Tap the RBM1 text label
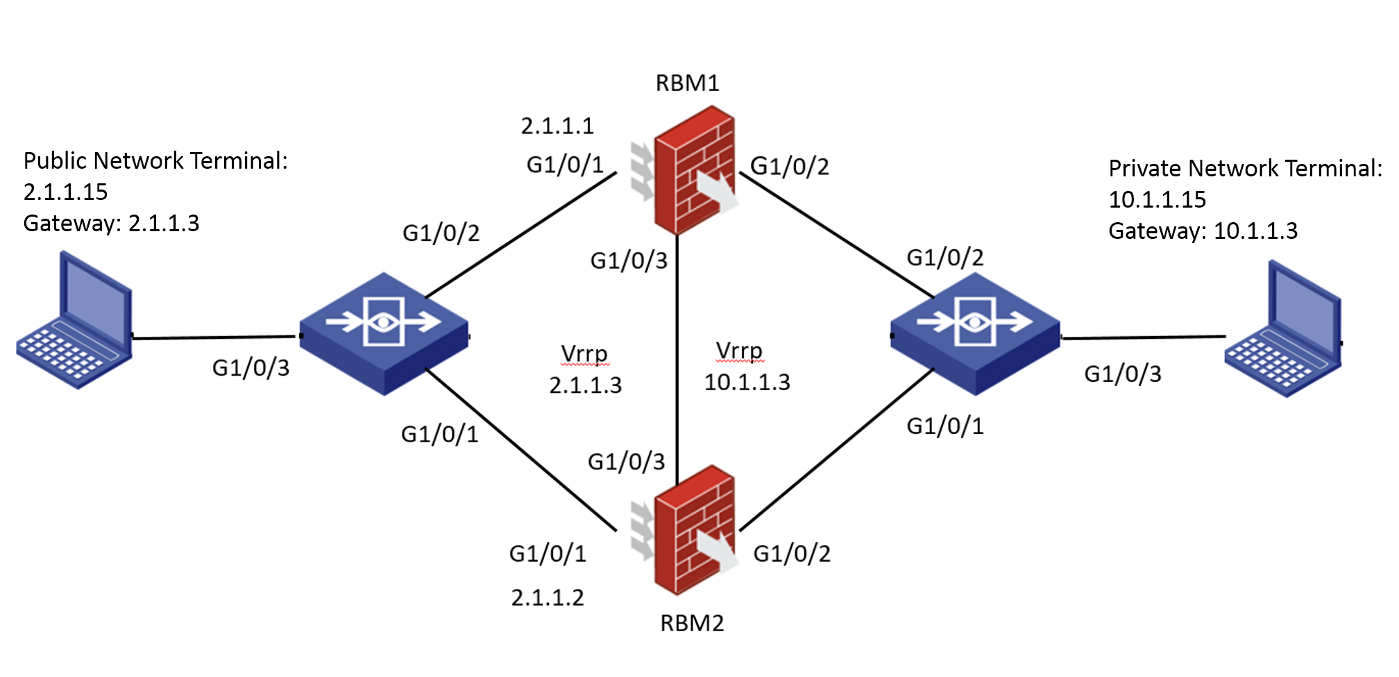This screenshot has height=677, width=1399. pyautogui.click(x=687, y=83)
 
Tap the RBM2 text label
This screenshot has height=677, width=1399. pyautogui.click(x=691, y=624)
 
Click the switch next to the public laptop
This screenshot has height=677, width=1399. pyautogui.click(x=384, y=333)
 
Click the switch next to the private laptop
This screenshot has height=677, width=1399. pyautogui.click(x=975, y=333)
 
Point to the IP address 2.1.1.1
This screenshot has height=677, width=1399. pyautogui.click(x=557, y=126)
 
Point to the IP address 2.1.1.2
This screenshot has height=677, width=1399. pyautogui.click(x=548, y=598)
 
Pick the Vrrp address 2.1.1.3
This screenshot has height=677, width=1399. pyautogui.click(x=585, y=385)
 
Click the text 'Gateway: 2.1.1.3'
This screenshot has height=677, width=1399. pyautogui.click(x=111, y=224)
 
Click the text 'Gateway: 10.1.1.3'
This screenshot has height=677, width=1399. pyautogui.click(x=1203, y=231)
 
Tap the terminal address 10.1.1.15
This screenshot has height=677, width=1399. pyautogui.click(x=1157, y=200)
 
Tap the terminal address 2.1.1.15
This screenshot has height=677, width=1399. pyautogui.click(x=65, y=192)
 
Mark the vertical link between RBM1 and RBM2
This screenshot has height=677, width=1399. pyautogui.click(x=677, y=347)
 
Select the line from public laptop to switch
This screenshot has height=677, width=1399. pyautogui.click(x=215, y=337)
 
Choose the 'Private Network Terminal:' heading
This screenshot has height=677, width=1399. pyautogui.click(x=1245, y=169)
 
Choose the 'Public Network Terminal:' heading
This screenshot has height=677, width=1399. pyautogui.click(x=155, y=161)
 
